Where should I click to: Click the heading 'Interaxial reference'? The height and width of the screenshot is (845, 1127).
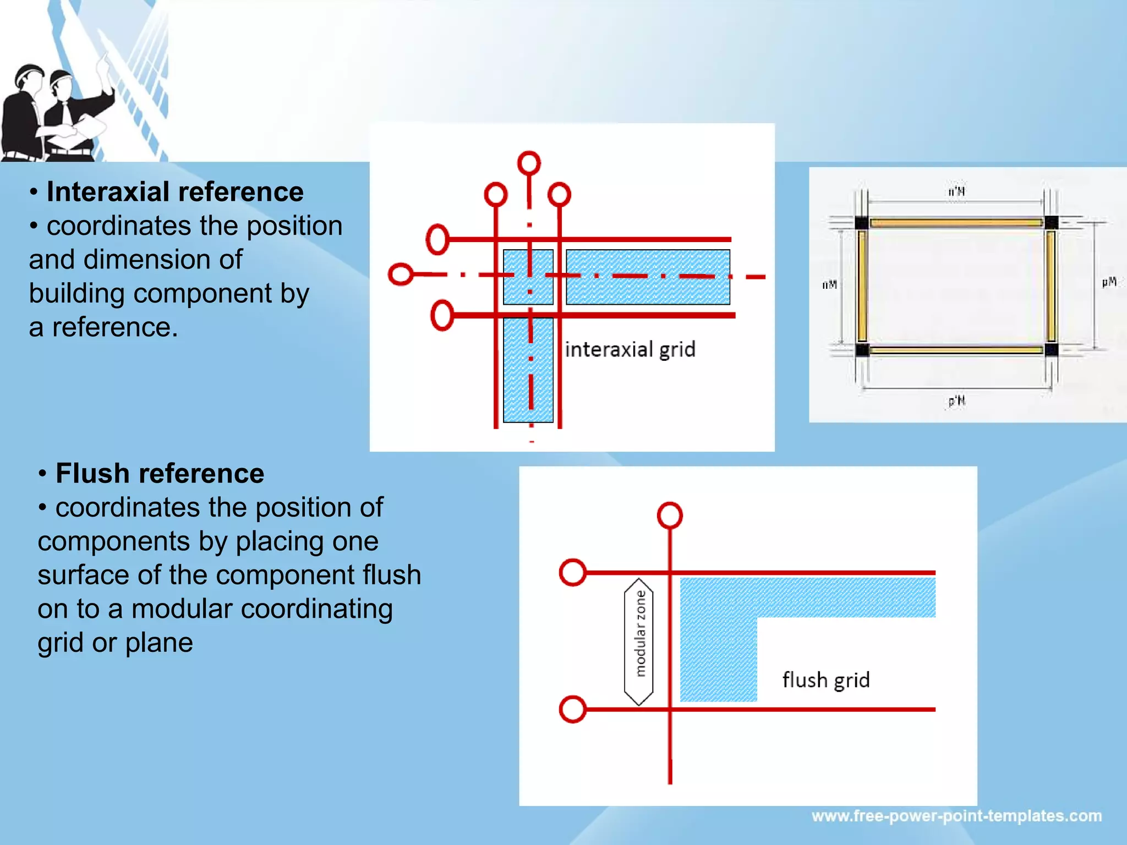pos(174,192)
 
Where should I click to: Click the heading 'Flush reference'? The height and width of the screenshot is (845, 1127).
pos(160,474)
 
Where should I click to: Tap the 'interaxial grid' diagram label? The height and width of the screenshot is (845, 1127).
pos(630,349)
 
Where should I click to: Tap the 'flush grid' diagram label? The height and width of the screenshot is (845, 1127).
pos(825,680)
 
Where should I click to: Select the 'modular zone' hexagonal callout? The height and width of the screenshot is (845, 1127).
pos(639,641)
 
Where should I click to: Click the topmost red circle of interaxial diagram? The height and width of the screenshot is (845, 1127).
pos(529,163)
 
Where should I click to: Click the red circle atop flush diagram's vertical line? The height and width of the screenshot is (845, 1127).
pos(670,515)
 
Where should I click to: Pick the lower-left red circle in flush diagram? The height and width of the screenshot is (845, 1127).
pos(572,709)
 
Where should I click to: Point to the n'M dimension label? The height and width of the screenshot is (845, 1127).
pos(956,191)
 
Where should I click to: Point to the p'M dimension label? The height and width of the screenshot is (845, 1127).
pos(956,400)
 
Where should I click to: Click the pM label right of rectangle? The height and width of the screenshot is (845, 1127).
pos(1109,282)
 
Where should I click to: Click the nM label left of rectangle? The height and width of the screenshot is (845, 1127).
pos(829,284)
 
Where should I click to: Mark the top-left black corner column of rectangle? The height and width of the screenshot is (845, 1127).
pos(862,223)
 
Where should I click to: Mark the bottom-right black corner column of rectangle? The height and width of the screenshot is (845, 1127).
pos(1051,349)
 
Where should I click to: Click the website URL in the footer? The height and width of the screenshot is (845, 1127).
pos(956,816)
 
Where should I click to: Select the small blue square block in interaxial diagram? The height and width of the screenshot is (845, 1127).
pos(528,277)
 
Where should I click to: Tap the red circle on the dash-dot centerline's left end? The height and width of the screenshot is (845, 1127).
pos(401,274)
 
